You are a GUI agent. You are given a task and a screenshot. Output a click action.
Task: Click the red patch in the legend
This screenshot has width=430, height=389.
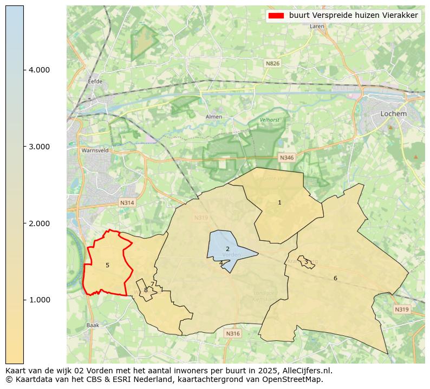click(x=276, y=16)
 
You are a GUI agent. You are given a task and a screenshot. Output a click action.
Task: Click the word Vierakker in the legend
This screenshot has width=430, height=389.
click(x=401, y=16)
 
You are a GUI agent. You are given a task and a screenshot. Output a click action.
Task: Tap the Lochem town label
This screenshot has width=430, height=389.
click(x=393, y=114)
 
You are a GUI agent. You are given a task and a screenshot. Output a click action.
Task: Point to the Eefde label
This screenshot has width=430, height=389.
click(x=95, y=82)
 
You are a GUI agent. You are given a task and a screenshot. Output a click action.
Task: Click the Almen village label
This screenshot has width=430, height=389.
click(x=214, y=117)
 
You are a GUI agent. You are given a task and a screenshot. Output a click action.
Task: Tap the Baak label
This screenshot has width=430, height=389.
click(x=93, y=325)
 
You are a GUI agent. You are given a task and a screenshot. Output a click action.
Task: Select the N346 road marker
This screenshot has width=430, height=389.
click(x=286, y=157)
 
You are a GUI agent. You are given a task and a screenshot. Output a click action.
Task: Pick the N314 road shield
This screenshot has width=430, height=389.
click(x=127, y=203)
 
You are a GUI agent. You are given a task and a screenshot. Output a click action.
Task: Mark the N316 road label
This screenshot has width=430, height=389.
click(x=232, y=334)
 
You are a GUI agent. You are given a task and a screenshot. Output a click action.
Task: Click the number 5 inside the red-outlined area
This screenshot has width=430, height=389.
click(x=107, y=265)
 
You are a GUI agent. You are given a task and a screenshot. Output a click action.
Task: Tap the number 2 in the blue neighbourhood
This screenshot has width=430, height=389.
click(x=227, y=249)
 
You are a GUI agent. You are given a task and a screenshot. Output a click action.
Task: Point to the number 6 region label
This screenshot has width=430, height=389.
click(x=335, y=278)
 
